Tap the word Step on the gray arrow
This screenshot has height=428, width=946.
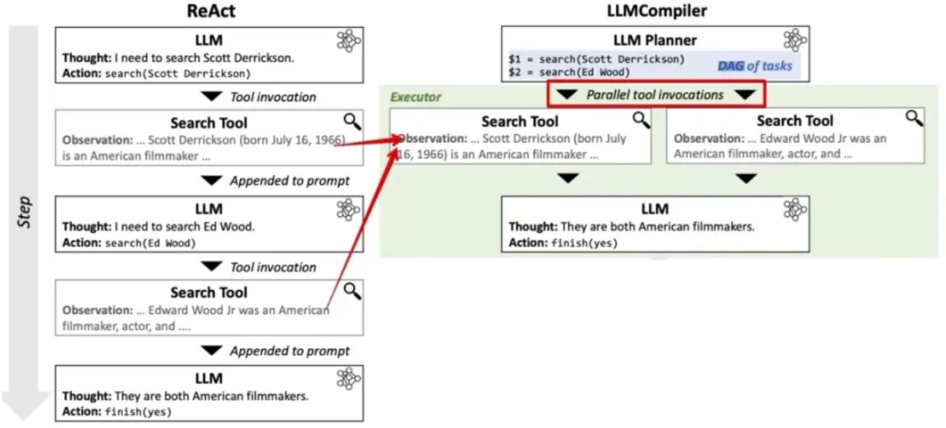coord(25,213)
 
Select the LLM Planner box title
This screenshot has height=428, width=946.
coord(654,39)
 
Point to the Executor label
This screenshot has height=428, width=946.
coord(415,96)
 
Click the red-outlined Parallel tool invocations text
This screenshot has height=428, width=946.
coord(655,95)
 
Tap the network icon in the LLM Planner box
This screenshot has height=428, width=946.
coord(794,40)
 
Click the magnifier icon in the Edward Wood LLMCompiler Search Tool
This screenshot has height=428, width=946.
coord(914,118)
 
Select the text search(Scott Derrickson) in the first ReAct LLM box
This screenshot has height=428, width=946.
coord(178,74)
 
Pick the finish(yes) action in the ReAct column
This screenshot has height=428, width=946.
coord(138,411)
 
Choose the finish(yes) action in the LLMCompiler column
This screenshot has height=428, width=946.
coord(585,242)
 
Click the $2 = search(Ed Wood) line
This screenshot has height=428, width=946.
coord(568,72)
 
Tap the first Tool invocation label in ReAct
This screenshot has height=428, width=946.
coord(272,96)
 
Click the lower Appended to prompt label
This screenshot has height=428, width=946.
coord(289,351)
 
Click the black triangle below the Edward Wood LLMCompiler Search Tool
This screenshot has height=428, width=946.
coord(745,179)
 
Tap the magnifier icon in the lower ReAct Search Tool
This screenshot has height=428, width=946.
coord(351,291)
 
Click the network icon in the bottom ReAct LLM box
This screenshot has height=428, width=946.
coord(349,379)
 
